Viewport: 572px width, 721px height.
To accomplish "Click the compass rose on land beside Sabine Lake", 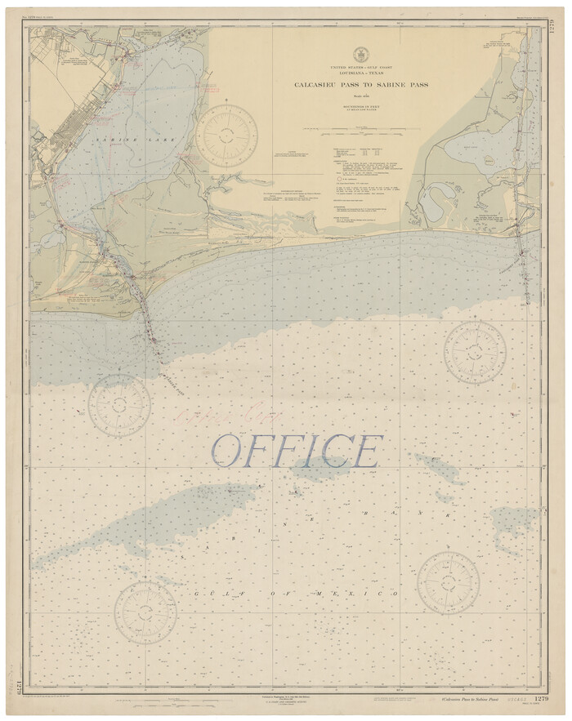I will coord(230,135).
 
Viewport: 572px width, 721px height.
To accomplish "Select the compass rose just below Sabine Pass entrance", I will coord(119,405).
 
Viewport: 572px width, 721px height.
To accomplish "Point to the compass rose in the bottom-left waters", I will coord(145,612).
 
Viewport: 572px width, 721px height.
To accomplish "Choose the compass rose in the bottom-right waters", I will coord(448,583).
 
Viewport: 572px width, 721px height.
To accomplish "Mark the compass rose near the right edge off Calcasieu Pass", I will coord(475,352).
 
